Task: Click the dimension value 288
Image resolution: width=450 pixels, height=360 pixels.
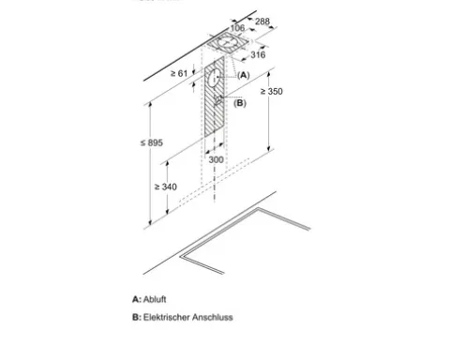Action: [x=262, y=22]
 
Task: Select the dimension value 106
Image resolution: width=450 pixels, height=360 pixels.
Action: [x=237, y=28]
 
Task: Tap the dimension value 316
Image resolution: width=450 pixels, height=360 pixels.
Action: [x=258, y=55]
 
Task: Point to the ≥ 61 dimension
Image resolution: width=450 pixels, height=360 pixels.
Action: [x=179, y=73]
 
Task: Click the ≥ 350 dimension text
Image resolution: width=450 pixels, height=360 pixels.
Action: [x=272, y=91]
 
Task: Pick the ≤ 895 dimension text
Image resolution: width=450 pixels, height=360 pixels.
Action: [x=152, y=142]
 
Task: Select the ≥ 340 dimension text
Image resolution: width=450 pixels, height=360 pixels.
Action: [x=166, y=187]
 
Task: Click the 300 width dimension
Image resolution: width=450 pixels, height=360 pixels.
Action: [x=216, y=159]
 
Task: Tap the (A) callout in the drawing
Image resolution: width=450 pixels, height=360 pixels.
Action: [x=244, y=75]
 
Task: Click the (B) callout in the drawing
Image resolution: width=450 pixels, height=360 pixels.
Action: [x=240, y=103]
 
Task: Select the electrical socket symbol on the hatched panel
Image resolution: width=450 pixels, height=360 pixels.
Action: [x=218, y=100]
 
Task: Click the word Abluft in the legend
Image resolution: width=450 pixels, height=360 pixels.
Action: [x=155, y=299]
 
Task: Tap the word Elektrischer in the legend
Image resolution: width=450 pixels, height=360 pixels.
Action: [x=167, y=317]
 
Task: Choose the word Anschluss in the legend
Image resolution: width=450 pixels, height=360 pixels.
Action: [x=213, y=317]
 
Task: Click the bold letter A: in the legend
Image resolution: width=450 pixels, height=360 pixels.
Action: [x=137, y=299]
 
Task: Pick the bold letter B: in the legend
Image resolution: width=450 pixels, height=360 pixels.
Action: [x=137, y=317]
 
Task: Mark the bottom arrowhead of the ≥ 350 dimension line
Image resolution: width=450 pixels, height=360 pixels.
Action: [x=269, y=149]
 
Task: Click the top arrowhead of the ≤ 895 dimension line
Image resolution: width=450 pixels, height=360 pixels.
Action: [x=150, y=105]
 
